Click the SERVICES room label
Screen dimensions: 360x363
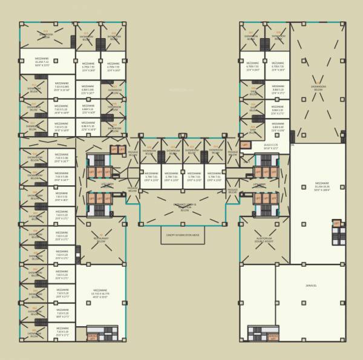tap(312, 286)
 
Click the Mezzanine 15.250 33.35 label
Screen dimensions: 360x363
tap(322, 186)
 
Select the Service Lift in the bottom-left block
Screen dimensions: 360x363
tap(92, 336)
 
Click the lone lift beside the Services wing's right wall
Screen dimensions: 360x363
tap(336, 224)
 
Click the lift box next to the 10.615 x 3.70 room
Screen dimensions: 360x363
tap(245, 145)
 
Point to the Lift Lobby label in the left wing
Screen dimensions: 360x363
tap(108, 184)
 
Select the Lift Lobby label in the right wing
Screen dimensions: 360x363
tap(260, 184)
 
